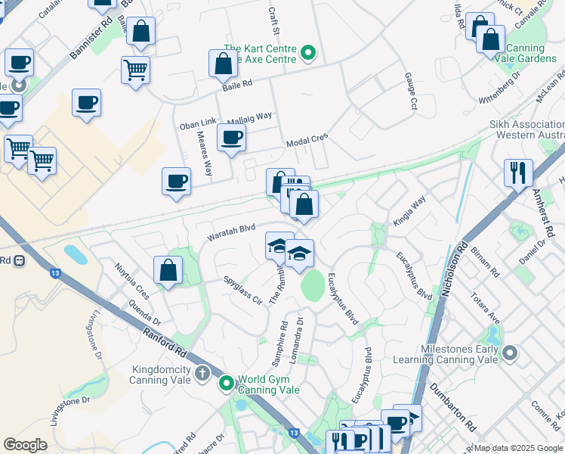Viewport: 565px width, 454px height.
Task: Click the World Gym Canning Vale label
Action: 269,384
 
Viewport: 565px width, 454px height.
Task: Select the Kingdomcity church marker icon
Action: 202,373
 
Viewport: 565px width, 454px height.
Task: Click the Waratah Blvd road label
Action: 231,231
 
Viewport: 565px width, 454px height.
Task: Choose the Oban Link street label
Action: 198,123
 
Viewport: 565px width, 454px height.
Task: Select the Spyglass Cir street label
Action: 242,290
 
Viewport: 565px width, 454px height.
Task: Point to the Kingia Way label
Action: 409,212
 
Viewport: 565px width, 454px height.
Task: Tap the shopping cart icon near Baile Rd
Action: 135,70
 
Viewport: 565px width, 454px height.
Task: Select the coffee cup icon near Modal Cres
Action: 231,138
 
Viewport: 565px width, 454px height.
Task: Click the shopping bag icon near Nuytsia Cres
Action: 168,270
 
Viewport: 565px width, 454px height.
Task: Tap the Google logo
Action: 26,445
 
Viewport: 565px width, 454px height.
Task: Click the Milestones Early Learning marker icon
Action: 511,353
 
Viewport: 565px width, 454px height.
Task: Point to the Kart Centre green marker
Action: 307,53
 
